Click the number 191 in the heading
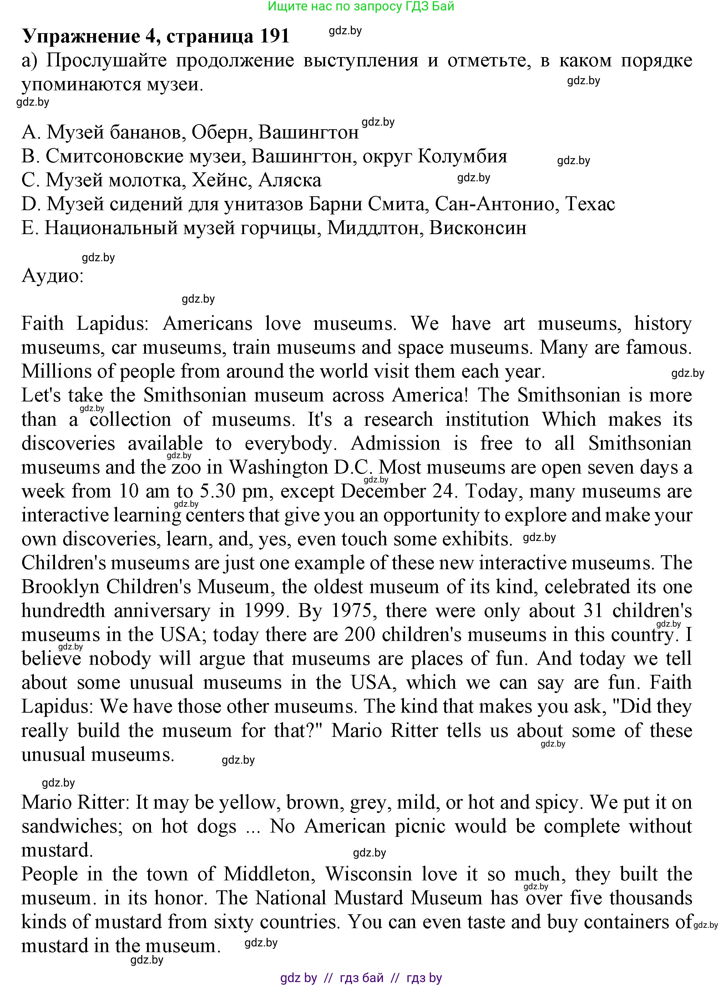[274, 36]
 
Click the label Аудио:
[52, 276]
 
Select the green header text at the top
[361, 6]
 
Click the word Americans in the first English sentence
[207, 324]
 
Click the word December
[383, 491]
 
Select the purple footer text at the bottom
[361, 978]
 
